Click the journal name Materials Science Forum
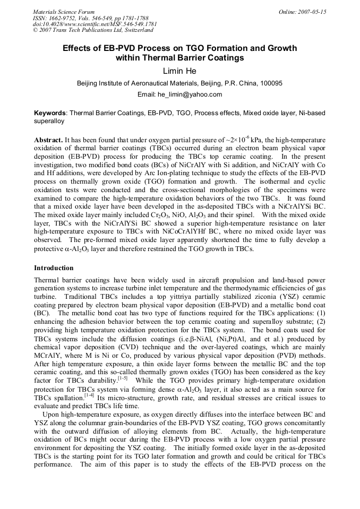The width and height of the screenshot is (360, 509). coord(64,12)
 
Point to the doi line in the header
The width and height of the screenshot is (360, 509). coord(95,24)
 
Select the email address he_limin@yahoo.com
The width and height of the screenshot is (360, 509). coord(193,94)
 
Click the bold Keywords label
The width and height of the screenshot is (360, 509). coord(50,113)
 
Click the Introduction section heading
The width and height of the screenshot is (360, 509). coord(54,268)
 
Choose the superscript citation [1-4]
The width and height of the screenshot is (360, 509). coord(89,394)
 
